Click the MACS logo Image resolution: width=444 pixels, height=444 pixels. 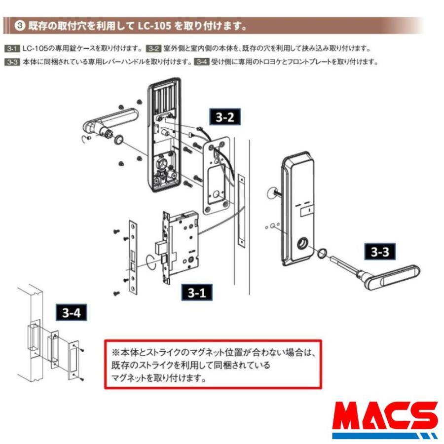[x=384, y=419]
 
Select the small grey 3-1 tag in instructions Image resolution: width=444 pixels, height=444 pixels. [x=12, y=49]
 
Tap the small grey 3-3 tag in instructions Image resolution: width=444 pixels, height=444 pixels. [x=12, y=62]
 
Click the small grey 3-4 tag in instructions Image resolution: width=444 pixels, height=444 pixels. [x=201, y=62]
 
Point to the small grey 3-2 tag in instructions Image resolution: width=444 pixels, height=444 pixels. [x=154, y=49]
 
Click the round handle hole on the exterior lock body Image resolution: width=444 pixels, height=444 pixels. [x=302, y=244]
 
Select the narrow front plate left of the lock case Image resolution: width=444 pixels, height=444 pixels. [x=132, y=257]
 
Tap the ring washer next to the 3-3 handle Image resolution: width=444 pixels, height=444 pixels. [x=321, y=254]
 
